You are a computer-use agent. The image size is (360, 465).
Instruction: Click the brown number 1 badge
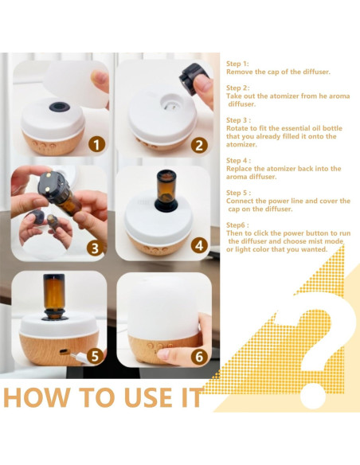point(96,145)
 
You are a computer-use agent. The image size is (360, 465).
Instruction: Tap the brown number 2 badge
point(199,145)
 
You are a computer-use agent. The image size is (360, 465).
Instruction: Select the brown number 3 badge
point(95,248)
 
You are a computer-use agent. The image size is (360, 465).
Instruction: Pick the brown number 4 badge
point(199,245)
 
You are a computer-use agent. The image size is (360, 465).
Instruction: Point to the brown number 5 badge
point(95,356)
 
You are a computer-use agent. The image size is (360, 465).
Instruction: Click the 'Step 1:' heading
point(237,64)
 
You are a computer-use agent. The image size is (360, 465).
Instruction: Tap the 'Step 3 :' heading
point(238,120)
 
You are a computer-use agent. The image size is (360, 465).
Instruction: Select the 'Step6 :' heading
point(237,225)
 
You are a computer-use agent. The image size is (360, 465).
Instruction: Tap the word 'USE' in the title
point(147,397)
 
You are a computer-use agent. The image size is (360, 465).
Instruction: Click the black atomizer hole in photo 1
point(60,107)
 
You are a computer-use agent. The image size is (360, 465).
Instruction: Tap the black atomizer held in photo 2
point(192,78)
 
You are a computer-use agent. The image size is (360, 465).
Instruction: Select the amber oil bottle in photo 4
point(166,186)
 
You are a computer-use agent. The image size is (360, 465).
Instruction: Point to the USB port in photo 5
point(63,352)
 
